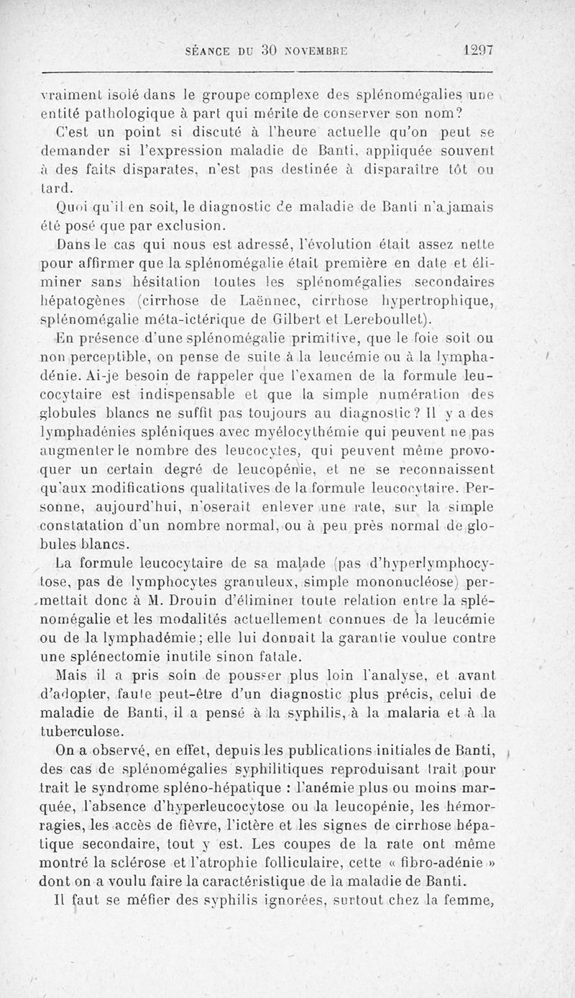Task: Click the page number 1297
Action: click(479, 52)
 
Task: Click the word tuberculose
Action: click(83, 730)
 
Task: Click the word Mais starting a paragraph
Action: click(69, 675)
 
